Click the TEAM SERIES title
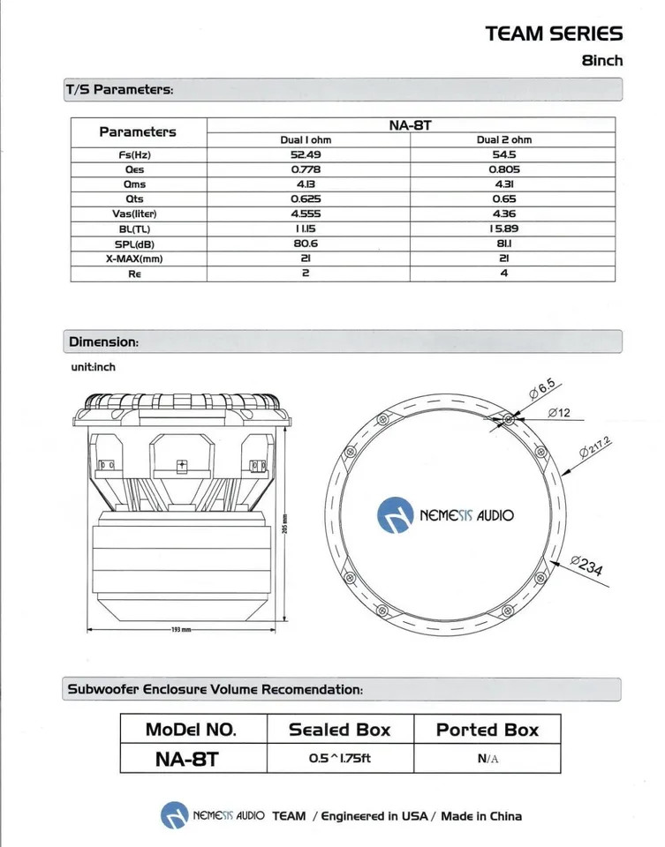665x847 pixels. [554, 34]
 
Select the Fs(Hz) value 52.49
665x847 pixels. [306, 154]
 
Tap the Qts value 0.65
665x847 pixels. [504, 199]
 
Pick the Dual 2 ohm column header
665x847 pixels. [504, 140]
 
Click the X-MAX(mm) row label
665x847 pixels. [134, 259]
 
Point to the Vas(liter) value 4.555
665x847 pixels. [306, 214]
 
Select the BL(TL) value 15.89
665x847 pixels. [504, 229]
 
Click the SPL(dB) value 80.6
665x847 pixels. [306, 244]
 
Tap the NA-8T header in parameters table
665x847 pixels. [411, 125]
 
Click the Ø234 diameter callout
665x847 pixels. [587, 566]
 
